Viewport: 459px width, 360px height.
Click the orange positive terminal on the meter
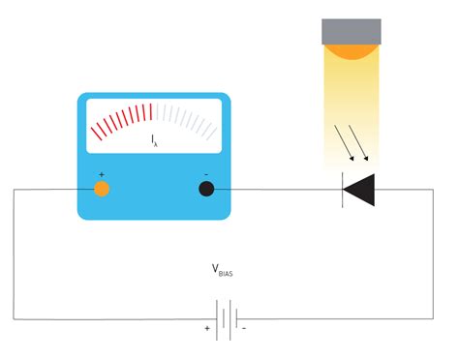(x=101, y=189)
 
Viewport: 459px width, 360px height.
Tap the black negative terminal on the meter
(x=206, y=189)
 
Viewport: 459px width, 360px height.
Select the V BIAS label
(x=222, y=271)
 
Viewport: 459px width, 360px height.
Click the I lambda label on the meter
(x=154, y=141)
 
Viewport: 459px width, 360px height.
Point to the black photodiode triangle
(x=361, y=190)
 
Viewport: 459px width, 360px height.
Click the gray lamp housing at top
(x=351, y=30)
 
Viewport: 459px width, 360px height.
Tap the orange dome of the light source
(x=351, y=49)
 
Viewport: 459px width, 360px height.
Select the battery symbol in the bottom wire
(x=226, y=319)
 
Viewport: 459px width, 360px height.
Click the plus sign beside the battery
(x=206, y=329)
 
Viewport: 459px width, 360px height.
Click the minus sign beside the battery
(x=244, y=329)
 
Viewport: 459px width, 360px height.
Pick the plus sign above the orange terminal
(x=101, y=174)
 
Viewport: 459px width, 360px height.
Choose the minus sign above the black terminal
(x=206, y=174)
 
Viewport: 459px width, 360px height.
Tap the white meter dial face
(x=154, y=127)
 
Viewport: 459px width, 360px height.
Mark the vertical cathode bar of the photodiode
(x=344, y=190)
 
